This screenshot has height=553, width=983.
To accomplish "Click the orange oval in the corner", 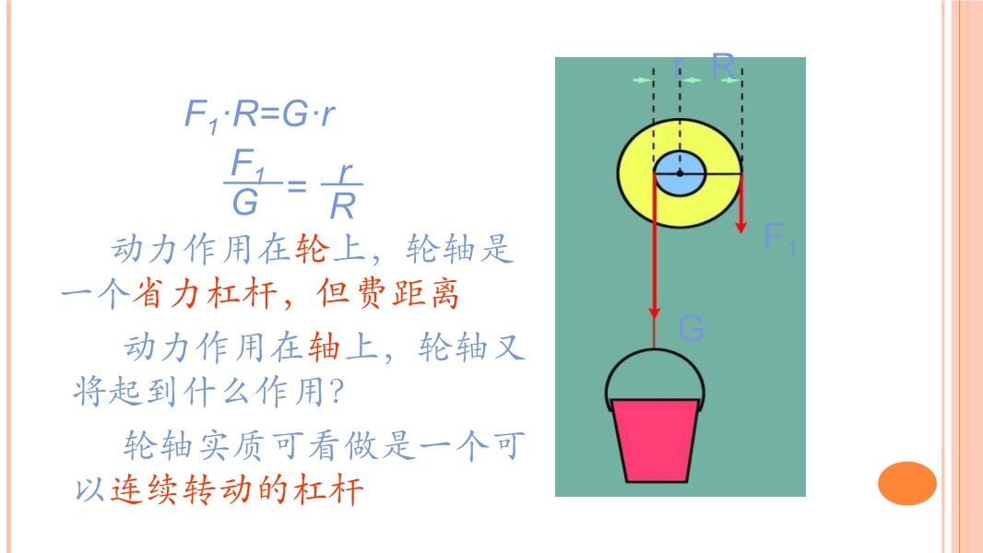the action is point(907,483).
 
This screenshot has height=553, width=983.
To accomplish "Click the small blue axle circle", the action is point(681,173).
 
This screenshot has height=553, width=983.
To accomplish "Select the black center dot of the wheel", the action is point(681,173).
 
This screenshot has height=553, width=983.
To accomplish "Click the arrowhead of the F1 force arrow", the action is point(741,226).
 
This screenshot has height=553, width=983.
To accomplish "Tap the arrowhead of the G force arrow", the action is point(655,312).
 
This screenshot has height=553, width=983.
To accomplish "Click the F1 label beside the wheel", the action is point(780,240).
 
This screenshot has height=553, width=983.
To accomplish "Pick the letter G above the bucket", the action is point(691,327).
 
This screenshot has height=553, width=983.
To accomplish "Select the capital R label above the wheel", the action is point(724,65).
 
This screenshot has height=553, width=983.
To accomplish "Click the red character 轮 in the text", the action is point(312,248).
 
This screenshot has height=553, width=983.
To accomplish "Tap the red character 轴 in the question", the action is point(324,347).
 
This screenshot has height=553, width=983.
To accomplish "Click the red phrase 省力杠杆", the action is point(204,293).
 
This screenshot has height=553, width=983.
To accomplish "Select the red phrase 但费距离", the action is point(388,293).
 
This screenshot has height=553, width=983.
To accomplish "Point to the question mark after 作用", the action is point(337,392).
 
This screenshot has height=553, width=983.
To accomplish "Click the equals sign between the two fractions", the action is point(297,186).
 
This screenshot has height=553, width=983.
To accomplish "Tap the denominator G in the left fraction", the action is point(245,202).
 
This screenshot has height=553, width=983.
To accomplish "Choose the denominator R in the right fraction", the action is point(343,206).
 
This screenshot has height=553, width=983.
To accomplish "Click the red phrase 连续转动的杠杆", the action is point(236,489).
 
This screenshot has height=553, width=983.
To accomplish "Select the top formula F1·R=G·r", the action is point(259,115).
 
